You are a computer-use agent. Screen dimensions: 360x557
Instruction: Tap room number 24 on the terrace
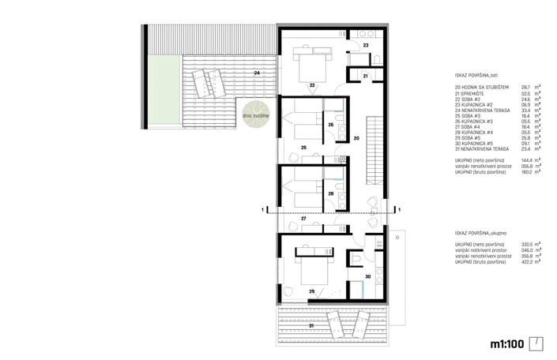point(257,73)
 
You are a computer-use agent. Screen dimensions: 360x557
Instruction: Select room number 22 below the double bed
point(312,84)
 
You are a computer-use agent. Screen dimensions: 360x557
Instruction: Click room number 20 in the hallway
point(356,138)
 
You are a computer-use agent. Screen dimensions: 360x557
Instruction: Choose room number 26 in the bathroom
point(331,125)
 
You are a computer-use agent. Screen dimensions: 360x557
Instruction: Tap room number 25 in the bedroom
point(303,148)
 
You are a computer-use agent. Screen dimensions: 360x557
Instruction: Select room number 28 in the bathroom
point(331,193)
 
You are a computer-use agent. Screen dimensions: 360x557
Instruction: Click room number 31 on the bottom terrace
point(311,325)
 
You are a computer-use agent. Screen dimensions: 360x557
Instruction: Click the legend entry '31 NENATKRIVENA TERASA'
point(484,148)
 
